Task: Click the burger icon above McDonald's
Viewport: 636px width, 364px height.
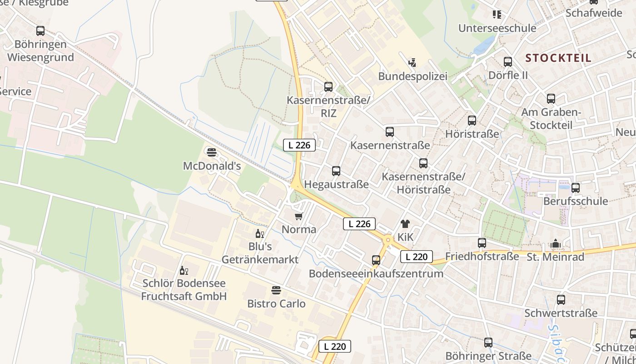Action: (x=211, y=152)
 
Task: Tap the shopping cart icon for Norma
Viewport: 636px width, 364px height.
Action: (x=298, y=216)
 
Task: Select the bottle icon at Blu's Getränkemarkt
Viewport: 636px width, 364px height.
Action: (x=259, y=234)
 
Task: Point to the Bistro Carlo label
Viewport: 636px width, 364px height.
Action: (x=276, y=303)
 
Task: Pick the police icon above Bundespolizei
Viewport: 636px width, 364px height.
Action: (x=412, y=62)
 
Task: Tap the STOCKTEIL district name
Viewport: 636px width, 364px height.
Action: (x=558, y=58)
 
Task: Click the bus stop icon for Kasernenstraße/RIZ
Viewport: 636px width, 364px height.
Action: (x=328, y=86)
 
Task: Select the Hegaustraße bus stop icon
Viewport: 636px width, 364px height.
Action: (x=336, y=171)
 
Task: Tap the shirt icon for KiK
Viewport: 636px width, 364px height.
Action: (x=405, y=223)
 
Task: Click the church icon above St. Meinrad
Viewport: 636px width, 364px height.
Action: (x=556, y=244)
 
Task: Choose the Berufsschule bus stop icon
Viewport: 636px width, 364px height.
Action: (x=575, y=187)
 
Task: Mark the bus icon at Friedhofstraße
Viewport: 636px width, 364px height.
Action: (x=482, y=243)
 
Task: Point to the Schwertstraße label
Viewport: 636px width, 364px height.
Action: (x=561, y=313)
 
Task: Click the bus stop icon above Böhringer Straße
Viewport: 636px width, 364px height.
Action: (x=488, y=342)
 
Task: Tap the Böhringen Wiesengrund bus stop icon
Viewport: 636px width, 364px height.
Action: (x=40, y=31)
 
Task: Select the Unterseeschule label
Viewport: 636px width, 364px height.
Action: (x=497, y=28)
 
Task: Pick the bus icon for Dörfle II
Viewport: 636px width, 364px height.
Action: (x=507, y=62)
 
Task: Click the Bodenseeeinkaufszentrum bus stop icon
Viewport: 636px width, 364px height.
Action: (x=376, y=260)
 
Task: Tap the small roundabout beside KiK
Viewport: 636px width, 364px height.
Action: (x=388, y=239)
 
